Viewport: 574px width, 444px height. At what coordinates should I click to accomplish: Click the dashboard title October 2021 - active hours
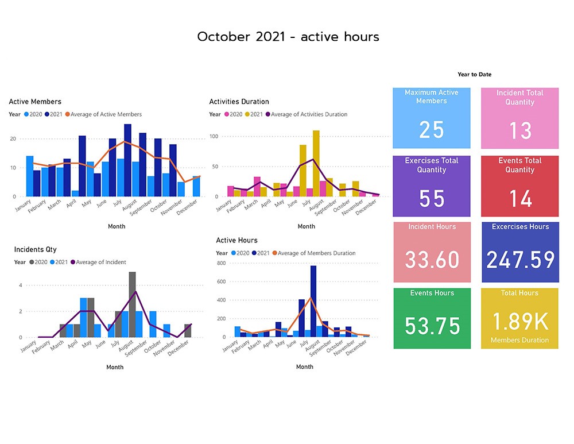pyautogui.click(x=288, y=37)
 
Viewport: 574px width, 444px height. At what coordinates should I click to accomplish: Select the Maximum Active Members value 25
pyautogui.click(x=431, y=130)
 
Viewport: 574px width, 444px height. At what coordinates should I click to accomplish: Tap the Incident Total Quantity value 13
pyautogui.click(x=520, y=131)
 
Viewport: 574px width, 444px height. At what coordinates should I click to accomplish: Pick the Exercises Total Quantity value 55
pyautogui.click(x=431, y=199)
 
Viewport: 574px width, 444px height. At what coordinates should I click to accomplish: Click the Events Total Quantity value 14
pyautogui.click(x=520, y=199)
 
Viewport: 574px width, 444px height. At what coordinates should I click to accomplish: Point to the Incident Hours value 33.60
pyautogui.click(x=432, y=260)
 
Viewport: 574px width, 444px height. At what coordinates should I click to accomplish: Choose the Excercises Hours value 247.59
pyautogui.click(x=520, y=260)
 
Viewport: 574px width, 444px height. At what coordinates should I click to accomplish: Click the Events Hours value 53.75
pyautogui.click(x=432, y=326)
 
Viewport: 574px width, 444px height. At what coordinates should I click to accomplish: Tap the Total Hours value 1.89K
pyautogui.click(x=520, y=322)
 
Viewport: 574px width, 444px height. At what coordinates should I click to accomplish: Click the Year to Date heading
pyautogui.click(x=474, y=75)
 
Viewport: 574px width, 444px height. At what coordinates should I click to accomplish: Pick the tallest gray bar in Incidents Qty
pyautogui.click(x=132, y=304)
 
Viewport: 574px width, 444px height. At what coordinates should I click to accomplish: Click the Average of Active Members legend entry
pyautogui.click(x=106, y=114)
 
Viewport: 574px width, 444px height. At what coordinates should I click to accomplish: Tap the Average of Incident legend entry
pyautogui.click(x=101, y=262)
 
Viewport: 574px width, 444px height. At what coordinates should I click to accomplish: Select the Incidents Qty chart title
pyautogui.click(x=35, y=249)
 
